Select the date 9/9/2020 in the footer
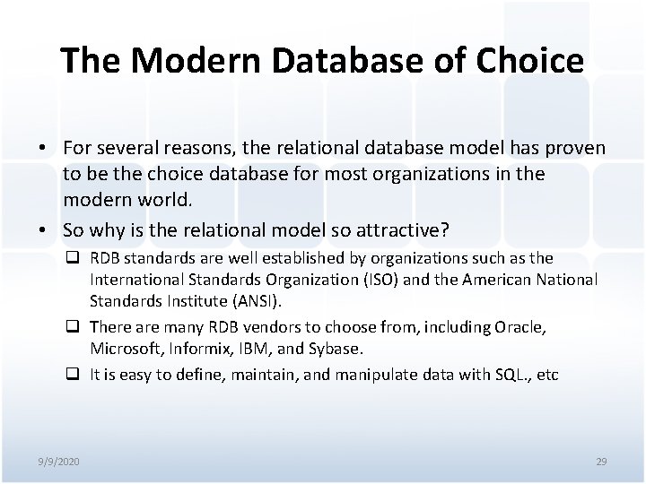click(60, 461)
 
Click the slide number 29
click(601, 461)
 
